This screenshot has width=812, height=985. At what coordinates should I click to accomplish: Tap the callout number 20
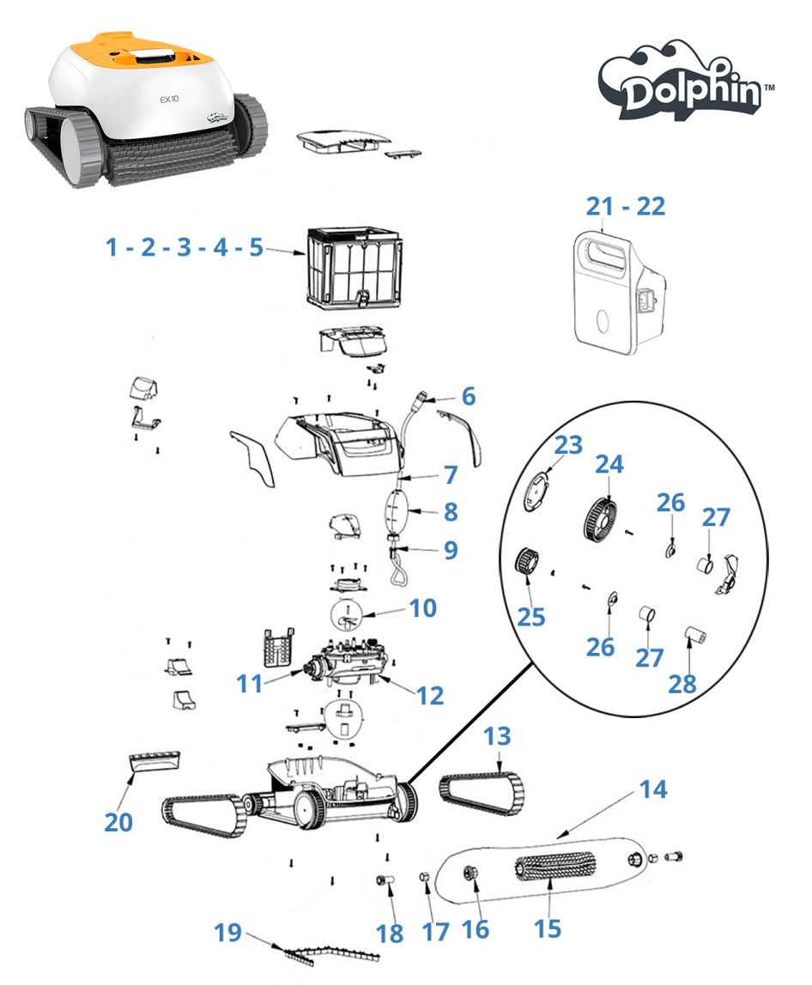coord(118,821)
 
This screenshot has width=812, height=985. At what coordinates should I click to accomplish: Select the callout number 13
coord(497,736)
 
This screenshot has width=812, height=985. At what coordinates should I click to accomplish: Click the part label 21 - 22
coord(626,207)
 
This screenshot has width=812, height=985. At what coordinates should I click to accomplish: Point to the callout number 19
coord(227,932)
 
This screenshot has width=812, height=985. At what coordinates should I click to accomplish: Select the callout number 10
coord(422,608)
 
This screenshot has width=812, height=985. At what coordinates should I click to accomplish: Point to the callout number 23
coord(568,445)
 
